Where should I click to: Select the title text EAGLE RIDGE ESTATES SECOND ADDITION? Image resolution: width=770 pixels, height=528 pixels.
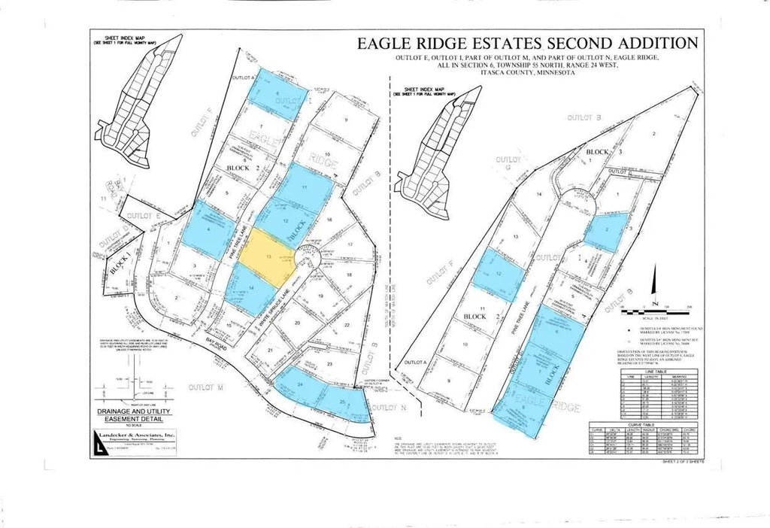[x=527, y=44]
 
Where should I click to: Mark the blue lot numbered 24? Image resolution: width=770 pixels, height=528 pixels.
[x=301, y=387]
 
